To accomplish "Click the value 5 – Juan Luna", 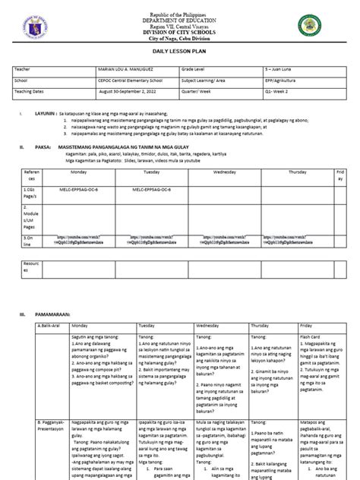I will [x=285, y=68].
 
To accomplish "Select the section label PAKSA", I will [x=43, y=140].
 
